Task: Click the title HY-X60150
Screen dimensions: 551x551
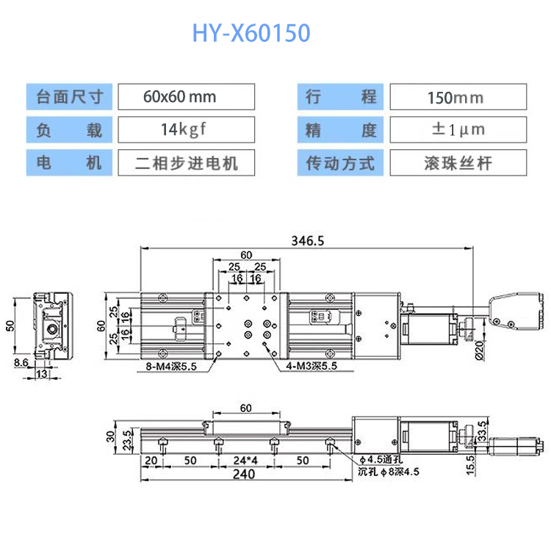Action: pyautogui.click(x=251, y=33)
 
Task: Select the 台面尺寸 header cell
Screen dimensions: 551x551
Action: pyautogui.click(x=70, y=96)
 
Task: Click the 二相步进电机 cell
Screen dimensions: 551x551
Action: pyautogui.click(x=187, y=162)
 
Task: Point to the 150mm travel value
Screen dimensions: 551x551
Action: pyautogui.click(x=455, y=97)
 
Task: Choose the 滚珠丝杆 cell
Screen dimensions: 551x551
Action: pyautogui.click(x=457, y=162)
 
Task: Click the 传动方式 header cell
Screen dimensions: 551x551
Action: pyautogui.click(x=340, y=162)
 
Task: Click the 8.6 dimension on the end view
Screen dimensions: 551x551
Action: pyautogui.click(x=21, y=363)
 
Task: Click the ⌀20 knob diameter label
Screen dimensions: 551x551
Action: pyautogui.click(x=480, y=351)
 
